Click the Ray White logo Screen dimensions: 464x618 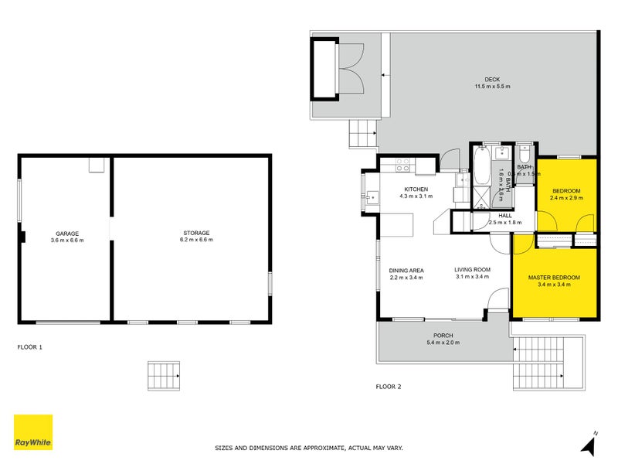[x=33, y=432]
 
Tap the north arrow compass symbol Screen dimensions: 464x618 [x=590, y=444]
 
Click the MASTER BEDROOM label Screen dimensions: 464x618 [x=554, y=278]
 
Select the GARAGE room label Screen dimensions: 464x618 [x=66, y=234]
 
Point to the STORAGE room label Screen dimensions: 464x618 [x=196, y=234]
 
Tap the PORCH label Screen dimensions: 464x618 [x=443, y=336]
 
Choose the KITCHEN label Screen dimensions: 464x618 [x=416, y=189]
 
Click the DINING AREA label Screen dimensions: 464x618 [x=406, y=270]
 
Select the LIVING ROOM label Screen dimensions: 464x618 [x=473, y=270]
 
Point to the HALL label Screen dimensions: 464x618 [x=505, y=216]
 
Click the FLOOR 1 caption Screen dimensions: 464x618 [x=29, y=347]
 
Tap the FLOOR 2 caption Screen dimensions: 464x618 [x=388, y=386]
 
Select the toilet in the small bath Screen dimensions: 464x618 [x=525, y=152]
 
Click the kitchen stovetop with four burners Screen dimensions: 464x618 [x=402, y=165]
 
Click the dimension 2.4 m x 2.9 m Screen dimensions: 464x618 [x=567, y=198]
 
